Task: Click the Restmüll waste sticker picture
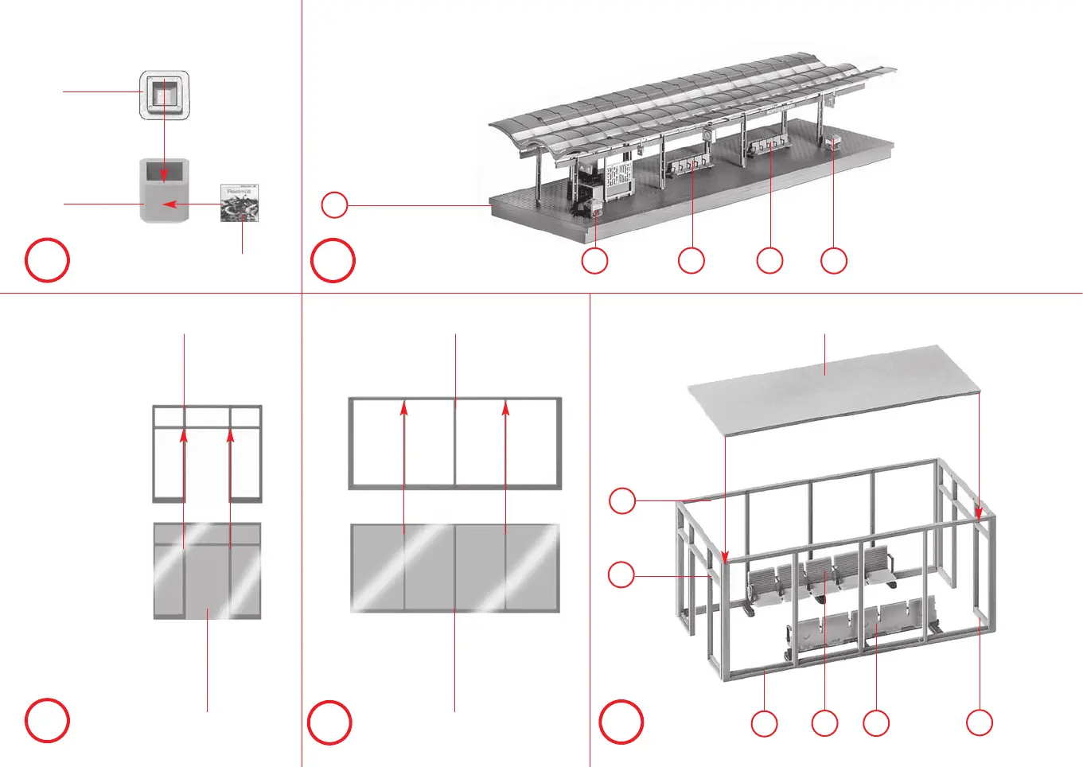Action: pos(240,203)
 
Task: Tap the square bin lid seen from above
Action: pos(165,95)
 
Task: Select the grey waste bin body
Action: pos(165,191)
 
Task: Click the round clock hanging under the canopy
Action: pos(707,135)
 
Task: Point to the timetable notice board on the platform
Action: pos(618,180)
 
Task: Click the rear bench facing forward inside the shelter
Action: pos(820,577)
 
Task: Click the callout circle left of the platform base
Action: pos(334,205)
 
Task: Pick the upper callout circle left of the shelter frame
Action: pos(622,501)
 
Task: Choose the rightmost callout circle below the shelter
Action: pos(980,723)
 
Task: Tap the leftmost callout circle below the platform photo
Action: pos(594,260)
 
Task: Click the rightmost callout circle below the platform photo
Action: pos(834,260)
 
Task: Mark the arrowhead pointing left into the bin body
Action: pos(167,204)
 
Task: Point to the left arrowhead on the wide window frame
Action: pos(404,407)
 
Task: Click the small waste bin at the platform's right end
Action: pos(835,143)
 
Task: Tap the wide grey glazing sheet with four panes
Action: pos(455,567)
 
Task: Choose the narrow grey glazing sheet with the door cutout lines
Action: pos(207,570)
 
